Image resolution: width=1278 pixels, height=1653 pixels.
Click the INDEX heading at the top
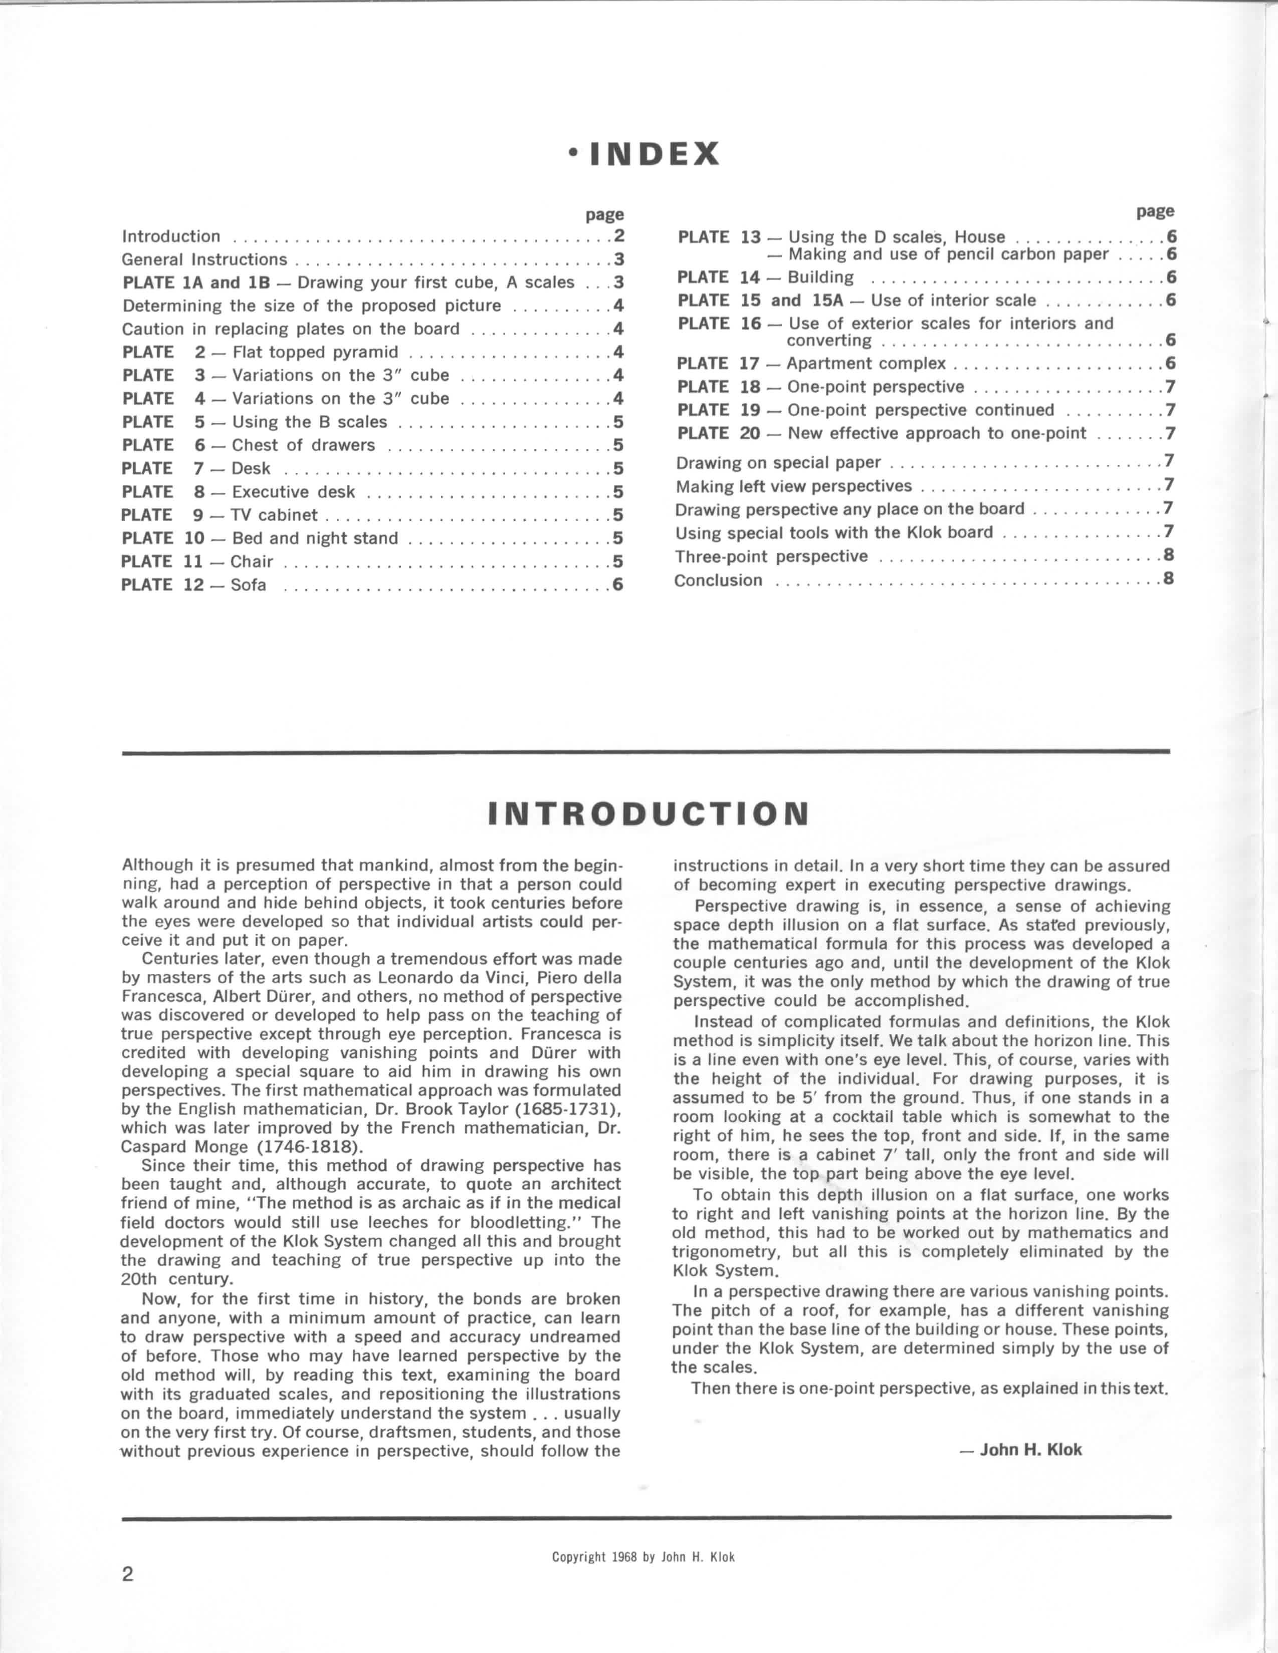click(x=645, y=154)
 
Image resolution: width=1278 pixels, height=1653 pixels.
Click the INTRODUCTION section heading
click(x=649, y=813)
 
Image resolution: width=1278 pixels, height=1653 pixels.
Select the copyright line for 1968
click(x=643, y=1557)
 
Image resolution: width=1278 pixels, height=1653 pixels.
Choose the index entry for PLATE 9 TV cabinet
click(x=220, y=514)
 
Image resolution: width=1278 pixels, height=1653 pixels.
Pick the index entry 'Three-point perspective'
click(x=771, y=557)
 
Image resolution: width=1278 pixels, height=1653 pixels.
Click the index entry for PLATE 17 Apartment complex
click(x=811, y=363)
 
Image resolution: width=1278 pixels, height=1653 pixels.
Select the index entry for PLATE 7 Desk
click(x=195, y=468)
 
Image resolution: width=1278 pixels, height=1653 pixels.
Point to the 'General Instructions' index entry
click(x=204, y=259)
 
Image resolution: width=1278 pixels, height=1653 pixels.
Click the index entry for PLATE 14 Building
click(x=765, y=277)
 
